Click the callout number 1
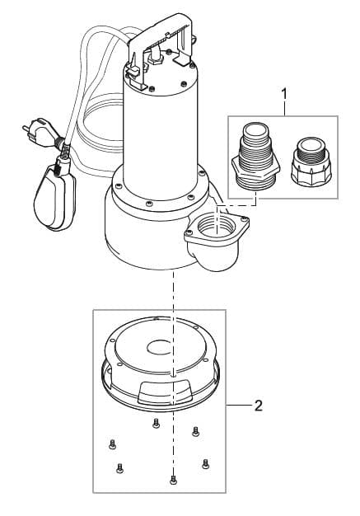(x=285, y=95)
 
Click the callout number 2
(x=259, y=406)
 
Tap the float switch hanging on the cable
(x=54, y=195)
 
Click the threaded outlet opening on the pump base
(x=217, y=225)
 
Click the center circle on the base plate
(x=160, y=347)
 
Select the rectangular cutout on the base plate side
(x=165, y=392)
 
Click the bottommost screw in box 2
(x=173, y=480)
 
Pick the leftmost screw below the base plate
(x=112, y=444)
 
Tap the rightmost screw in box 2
(x=205, y=463)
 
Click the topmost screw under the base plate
(x=156, y=423)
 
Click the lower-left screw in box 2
(x=119, y=468)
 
